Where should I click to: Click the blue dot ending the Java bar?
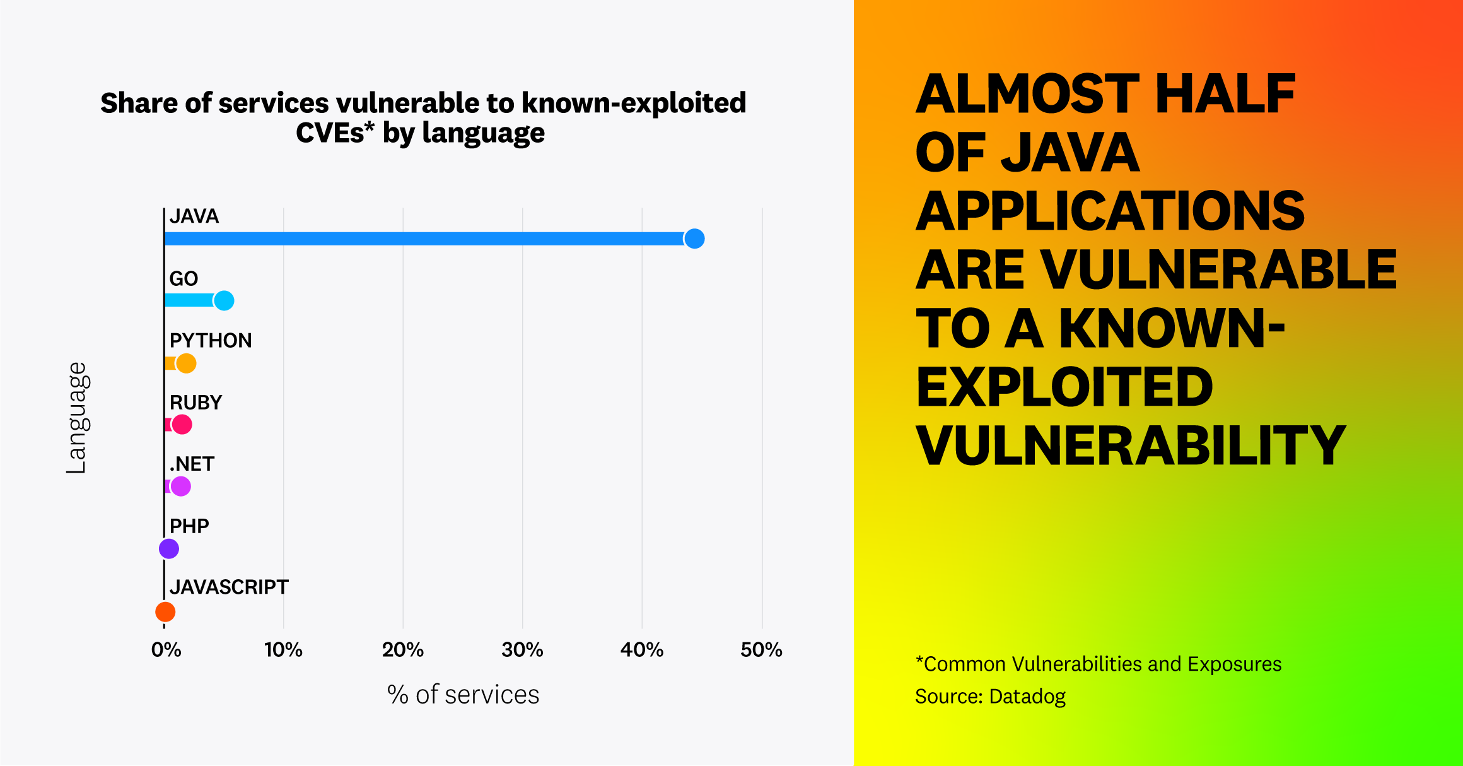pos(694,239)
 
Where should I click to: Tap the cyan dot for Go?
pos(224,300)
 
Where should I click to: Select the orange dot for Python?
pos(186,363)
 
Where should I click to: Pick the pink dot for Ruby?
pos(182,425)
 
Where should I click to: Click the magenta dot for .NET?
pos(180,486)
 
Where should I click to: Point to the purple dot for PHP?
pos(169,548)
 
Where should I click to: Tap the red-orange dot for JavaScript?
pos(165,611)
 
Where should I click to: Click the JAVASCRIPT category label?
pos(228,587)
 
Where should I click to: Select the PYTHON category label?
pos(210,341)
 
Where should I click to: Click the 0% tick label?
pos(166,650)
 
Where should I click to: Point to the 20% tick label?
pos(402,650)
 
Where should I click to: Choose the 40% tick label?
pos(641,650)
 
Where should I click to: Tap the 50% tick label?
pos(761,650)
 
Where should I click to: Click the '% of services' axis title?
pos(463,695)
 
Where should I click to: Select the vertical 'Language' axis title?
pos(77,418)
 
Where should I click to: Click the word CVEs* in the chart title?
pos(335,133)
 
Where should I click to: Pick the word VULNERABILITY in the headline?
pos(1130,445)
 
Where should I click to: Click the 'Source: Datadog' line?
pos(990,697)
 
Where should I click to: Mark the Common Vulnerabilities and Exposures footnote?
pos(1098,664)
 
